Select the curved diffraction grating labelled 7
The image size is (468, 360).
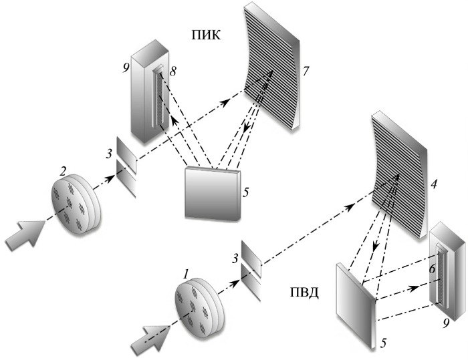click(275, 73)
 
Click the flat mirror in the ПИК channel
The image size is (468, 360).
click(212, 191)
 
